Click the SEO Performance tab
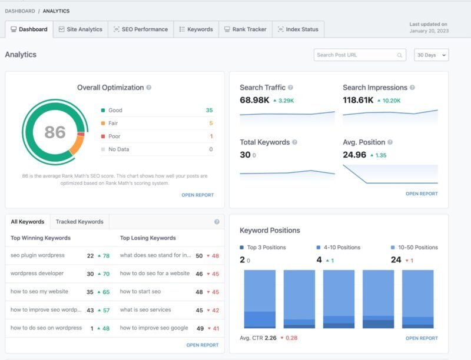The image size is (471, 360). tap(141, 29)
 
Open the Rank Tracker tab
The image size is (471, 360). tap(246, 29)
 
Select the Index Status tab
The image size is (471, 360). tap(298, 29)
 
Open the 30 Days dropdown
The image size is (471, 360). tap(431, 55)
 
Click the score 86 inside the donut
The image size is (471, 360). tap(55, 132)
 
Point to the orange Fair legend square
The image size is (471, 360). tap(103, 124)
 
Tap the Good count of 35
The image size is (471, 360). tap(210, 110)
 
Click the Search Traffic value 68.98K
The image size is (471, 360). tap(254, 100)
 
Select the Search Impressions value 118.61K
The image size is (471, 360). tap(358, 100)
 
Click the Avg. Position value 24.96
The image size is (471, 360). tap(354, 155)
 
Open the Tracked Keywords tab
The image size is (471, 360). tap(79, 222)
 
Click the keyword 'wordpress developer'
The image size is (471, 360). tap(37, 274)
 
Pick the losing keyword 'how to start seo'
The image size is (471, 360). tap(140, 291)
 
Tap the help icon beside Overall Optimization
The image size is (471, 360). tap(149, 88)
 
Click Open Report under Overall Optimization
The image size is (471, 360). tap(197, 195)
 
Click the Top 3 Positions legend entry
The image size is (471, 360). tap(263, 248)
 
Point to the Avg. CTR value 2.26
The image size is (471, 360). tap(270, 338)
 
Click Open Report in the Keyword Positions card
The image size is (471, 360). tap(422, 338)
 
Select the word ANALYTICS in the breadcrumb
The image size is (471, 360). tap(56, 11)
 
